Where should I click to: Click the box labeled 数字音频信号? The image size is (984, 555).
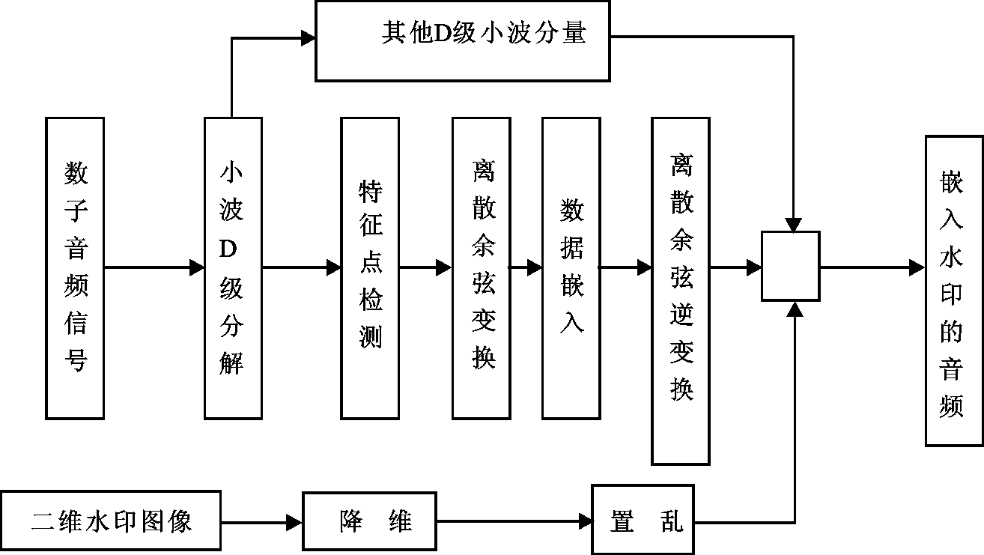tap(75, 267)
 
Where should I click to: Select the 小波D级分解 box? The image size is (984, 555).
tap(233, 267)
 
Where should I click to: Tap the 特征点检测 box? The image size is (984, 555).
tap(370, 267)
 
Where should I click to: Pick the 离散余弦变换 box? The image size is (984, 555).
tap(481, 267)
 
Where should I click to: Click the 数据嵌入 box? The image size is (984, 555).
tap(571, 267)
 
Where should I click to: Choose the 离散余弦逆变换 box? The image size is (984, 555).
tap(680, 290)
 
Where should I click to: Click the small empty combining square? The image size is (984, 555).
tap(791, 267)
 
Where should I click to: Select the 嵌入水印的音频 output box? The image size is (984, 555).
tap(953, 291)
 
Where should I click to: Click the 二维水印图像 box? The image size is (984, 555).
tap(111, 521)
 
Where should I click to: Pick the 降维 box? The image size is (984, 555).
tap(370, 521)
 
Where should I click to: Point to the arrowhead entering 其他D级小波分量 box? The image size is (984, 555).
tap(308, 37)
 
